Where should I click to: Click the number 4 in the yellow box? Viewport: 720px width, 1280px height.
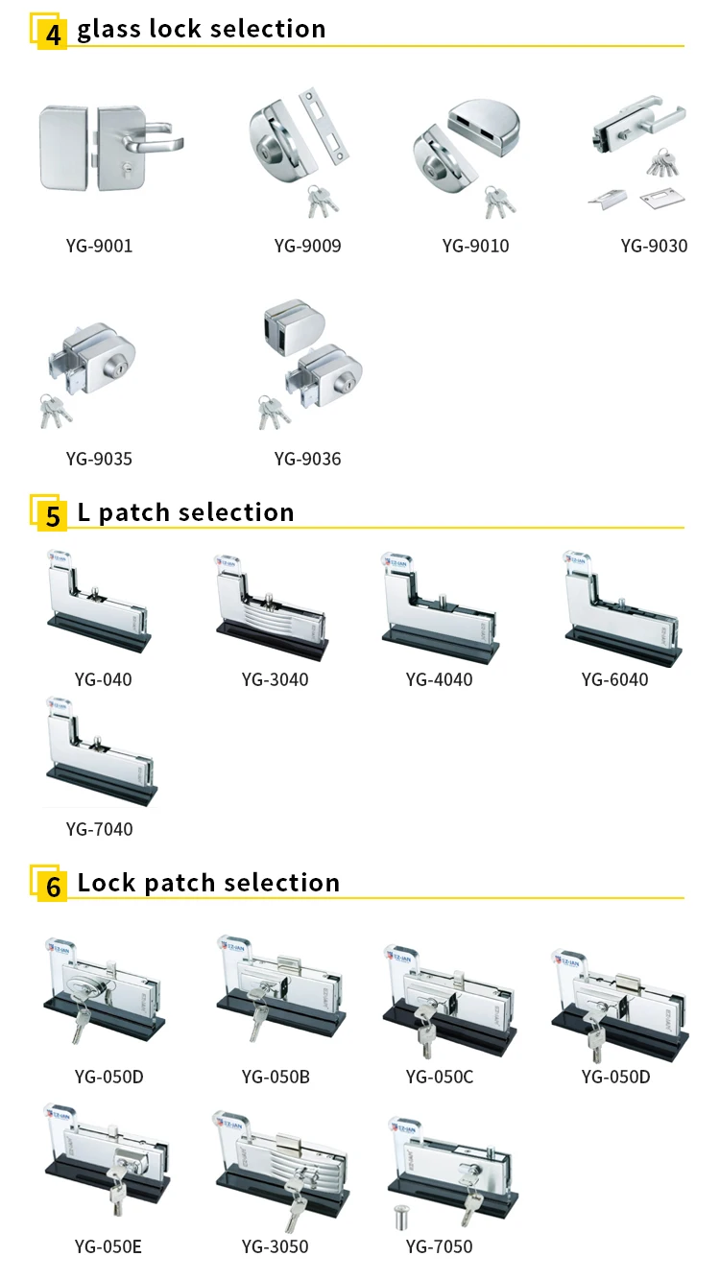[x=53, y=32]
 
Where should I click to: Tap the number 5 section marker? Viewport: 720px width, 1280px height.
[x=53, y=515]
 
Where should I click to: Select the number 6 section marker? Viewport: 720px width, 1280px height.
[x=53, y=887]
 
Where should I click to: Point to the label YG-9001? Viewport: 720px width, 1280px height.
[x=100, y=247]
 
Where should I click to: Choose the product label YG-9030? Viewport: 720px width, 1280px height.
[x=654, y=247]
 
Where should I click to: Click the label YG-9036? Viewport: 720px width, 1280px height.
[x=307, y=460]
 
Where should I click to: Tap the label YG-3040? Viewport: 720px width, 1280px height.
[x=275, y=680]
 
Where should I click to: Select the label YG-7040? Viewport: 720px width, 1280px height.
[x=100, y=830]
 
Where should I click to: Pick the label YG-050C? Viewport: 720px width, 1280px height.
[x=440, y=1078]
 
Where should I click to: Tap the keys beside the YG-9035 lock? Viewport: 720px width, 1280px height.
[x=55, y=410]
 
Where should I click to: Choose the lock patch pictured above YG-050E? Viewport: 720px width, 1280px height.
[x=106, y=1161]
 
